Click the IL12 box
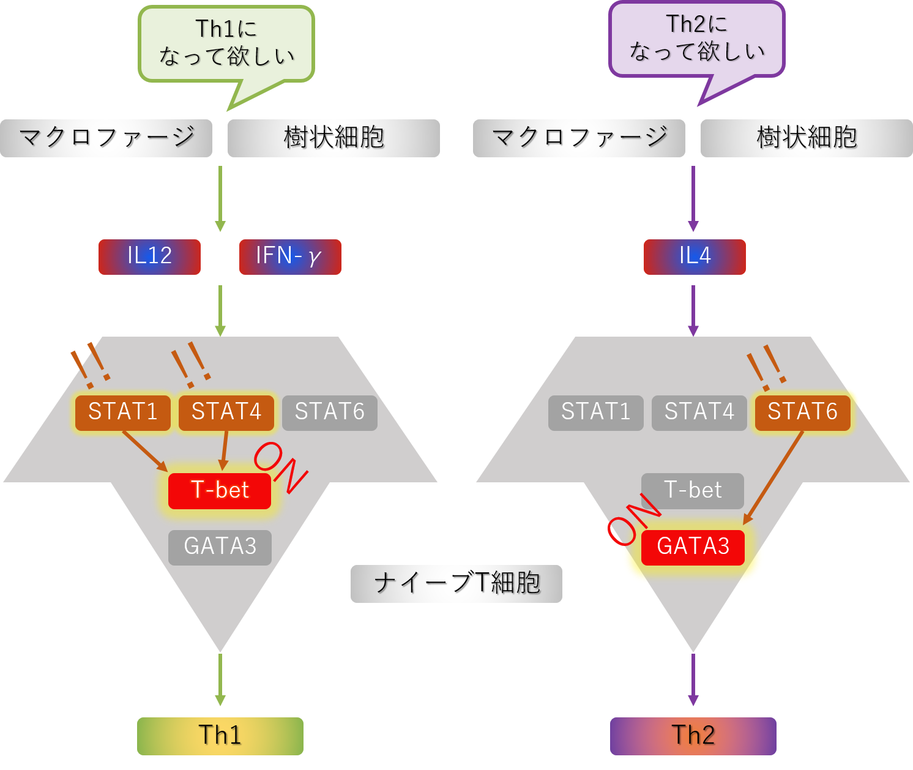pos(149,257)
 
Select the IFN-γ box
pos(290,257)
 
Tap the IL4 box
pos(695,257)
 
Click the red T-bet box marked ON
pos(220,491)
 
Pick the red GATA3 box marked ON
pos(693,547)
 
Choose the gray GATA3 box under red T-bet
pos(220,547)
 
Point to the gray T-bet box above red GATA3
pos(693,491)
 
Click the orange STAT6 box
pos(803,413)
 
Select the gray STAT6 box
pos(330,413)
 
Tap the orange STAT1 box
pos(123,413)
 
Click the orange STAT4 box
pos(226,413)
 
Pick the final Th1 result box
pos(220,736)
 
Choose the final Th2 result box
pos(693,736)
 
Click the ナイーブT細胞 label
pos(456,584)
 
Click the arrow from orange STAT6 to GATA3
pos(773,478)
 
